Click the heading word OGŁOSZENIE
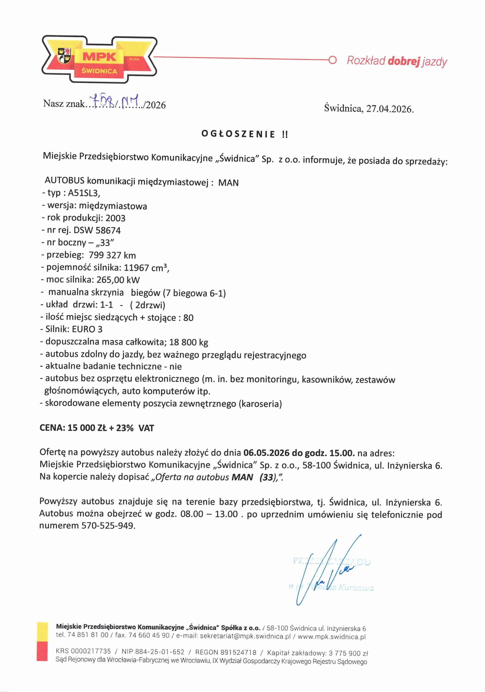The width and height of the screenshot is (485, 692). [x=238, y=134]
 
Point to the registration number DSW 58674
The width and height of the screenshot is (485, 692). [x=97, y=231]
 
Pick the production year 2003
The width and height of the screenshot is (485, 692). [x=115, y=218]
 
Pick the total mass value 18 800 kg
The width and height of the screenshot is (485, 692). [x=189, y=342]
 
